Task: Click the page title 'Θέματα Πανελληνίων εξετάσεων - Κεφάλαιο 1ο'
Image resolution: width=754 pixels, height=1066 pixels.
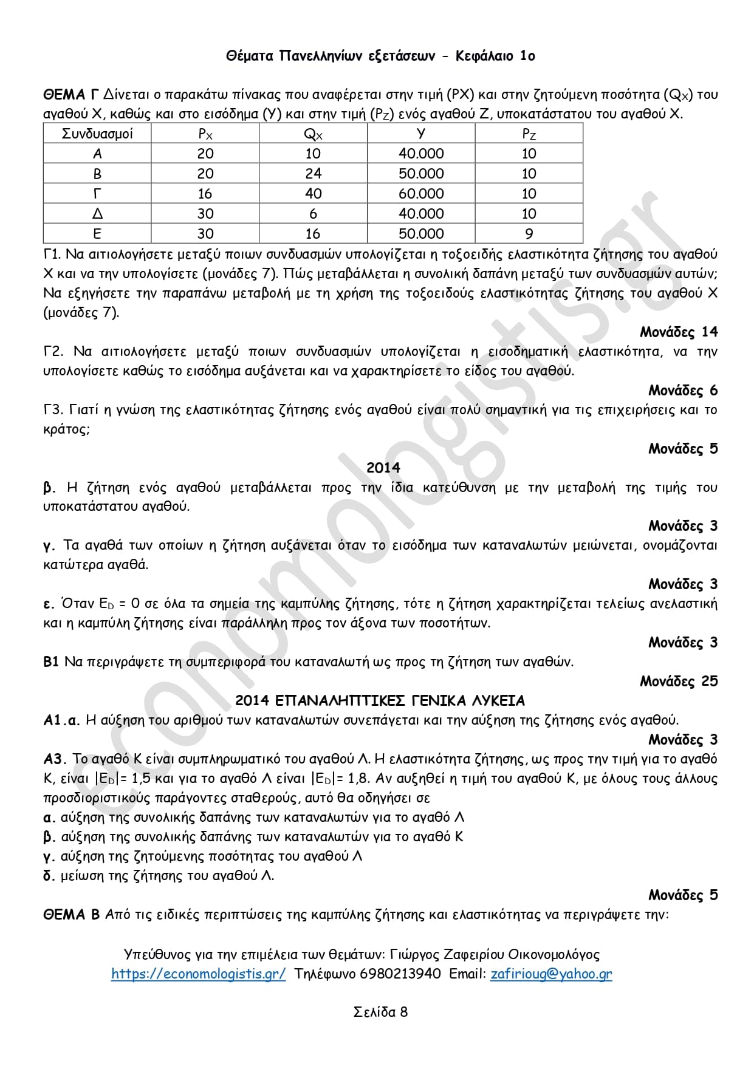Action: pyautogui.click(x=380, y=56)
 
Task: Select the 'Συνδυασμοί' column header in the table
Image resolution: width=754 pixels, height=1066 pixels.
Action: pyautogui.click(x=97, y=134)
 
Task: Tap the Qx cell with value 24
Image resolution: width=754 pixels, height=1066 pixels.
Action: pyautogui.click(x=313, y=174)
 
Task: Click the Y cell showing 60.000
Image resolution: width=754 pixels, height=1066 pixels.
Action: pyautogui.click(x=421, y=194)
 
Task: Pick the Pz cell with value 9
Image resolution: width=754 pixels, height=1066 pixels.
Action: pyautogui.click(x=529, y=234)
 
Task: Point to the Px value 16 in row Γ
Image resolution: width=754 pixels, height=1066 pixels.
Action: pyautogui.click(x=205, y=194)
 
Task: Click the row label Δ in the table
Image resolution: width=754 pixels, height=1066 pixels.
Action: pyautogui.click(x=97, y=214)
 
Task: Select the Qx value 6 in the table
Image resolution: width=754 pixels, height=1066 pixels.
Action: pyautogui.click(x=313, y=214)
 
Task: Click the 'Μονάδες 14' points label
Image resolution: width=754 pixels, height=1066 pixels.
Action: pyautogui.click(x=678, y=332)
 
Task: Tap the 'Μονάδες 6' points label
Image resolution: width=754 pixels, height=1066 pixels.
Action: pyautogui.click(x=682, y=390)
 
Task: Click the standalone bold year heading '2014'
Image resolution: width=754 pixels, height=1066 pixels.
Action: pyautogui.click(x=383, y=468)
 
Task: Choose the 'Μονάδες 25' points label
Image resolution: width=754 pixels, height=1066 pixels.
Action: pyautogui.click(x=678, y=681)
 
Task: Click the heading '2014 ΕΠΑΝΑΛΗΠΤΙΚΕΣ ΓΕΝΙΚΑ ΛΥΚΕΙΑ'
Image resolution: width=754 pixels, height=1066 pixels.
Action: pyautogui.click(x=380, y=700)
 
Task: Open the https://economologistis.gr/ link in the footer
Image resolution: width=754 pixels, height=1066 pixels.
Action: pyautogui.click(x=198, y=974)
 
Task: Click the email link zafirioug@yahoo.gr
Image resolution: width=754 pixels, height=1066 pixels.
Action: pyautogui.click(x=550, y=974)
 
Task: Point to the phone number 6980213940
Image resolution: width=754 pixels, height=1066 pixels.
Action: pyautogui.click(x=400, y=974)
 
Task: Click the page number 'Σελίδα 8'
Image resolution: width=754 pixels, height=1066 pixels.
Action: pyautogui.click(x=380, y=1011)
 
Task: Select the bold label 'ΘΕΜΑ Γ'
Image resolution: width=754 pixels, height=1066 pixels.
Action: pyautogui.click(x=70, y=95)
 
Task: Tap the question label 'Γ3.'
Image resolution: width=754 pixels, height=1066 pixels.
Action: pyautogui.click(x=53, y=410)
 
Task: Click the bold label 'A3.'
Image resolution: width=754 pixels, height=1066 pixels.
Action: pyautogui.click(x=55, y=759)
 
